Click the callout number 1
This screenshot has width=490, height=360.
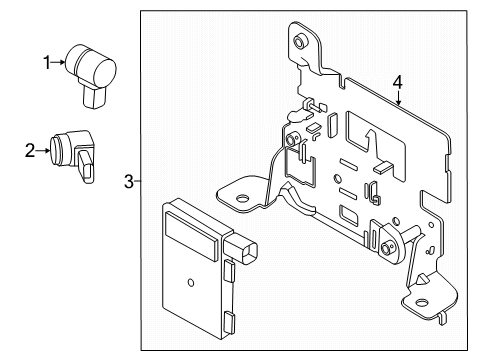coord(45,62)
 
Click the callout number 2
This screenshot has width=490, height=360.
coord(30,150)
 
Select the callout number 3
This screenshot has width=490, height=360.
coord(128,181)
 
